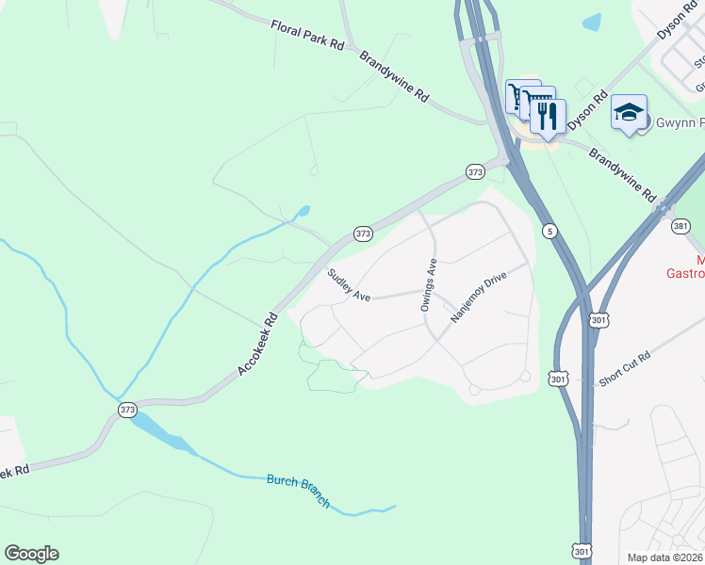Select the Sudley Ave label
pyautogui.click(x=348, y=285)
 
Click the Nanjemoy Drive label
pyautogui.click(x=479, y=299)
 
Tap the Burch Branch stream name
pyautogui.click(x=299, y=490)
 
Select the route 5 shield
pyautogui.click(x=549, y=231)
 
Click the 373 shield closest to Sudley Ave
pyautogui.click(x=363, y=233)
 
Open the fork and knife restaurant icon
pyautogui.click(x=547, y=116)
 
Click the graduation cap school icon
pyautogui.click(x=629, y=112)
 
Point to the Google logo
pyautogui.click(x=31, y=554)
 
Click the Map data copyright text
pyautogui.click(x=665, y=557)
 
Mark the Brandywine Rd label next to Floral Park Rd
pyautogui.click(x=394, y=76)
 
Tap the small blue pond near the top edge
pyautogui.click(x=592, y=21)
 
